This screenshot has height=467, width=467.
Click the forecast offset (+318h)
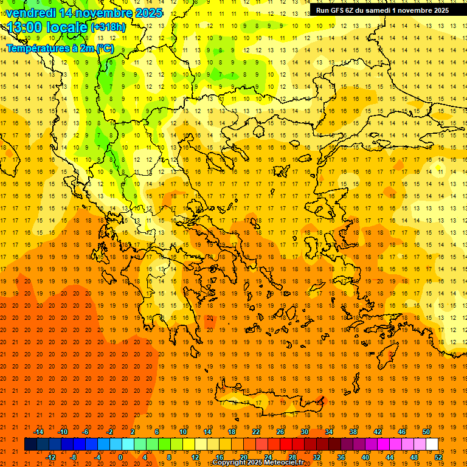(108, 27)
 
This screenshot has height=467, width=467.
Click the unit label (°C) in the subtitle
(104, 48)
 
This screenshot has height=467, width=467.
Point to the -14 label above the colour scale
(38, 432)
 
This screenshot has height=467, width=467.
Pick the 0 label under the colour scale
(120, 457)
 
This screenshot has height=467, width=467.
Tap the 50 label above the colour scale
(426, 432)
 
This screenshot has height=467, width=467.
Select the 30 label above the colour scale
(304, 432)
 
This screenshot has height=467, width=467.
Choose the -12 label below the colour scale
(50, 457)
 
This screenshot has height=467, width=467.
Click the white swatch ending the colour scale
(432, 445)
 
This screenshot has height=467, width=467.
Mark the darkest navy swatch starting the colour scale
(30, 445)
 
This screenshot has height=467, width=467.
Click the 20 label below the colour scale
(243, 457)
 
